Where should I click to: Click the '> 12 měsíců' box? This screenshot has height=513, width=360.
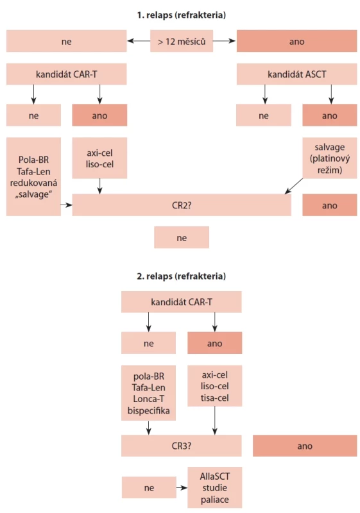182,41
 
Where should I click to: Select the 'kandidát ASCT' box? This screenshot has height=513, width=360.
297,74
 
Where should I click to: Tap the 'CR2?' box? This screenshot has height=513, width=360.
182,205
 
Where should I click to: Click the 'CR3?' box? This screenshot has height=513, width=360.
182,446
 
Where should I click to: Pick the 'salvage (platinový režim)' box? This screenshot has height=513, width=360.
330,158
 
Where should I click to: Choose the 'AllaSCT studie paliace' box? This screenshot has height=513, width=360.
215,487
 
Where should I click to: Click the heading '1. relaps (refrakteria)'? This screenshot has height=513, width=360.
182,15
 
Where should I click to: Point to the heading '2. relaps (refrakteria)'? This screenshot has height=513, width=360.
182,276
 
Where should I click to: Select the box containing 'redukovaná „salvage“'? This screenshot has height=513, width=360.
34,177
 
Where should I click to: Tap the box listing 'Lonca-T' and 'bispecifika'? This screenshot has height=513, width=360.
149,393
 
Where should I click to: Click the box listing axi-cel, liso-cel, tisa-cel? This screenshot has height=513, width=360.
215,386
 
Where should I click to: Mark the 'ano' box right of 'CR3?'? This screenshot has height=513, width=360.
305,446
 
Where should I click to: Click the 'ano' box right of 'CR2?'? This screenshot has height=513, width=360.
330,205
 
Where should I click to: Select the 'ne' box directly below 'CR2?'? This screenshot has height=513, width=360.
182,237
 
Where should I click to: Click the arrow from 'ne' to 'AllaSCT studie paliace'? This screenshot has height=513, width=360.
182,488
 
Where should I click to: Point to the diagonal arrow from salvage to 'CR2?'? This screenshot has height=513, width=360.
294,186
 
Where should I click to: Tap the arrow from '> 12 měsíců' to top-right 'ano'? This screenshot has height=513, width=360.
224,41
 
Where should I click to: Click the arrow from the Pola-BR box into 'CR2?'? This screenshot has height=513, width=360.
67,205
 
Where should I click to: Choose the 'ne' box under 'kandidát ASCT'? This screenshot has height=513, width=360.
264,115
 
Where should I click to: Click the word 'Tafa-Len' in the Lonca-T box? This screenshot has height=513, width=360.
149,388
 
